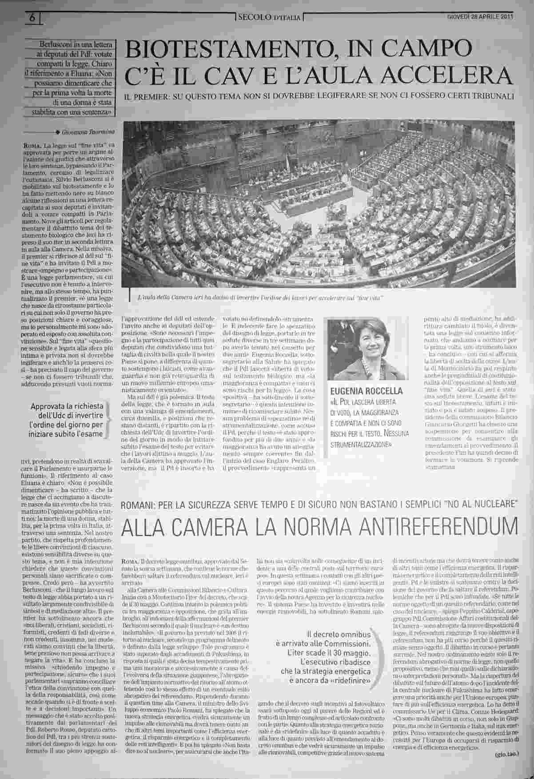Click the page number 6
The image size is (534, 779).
point(32,17)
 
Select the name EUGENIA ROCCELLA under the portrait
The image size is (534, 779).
point(366,391)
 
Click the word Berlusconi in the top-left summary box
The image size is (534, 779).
point(57,45)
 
